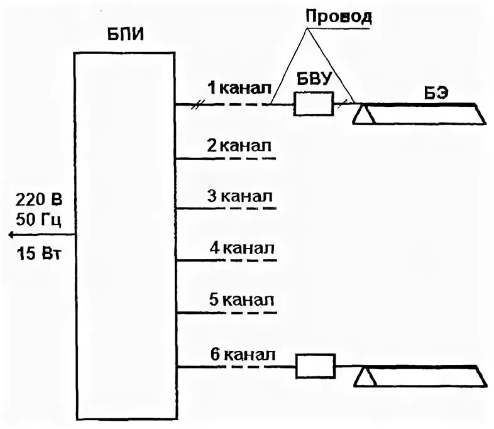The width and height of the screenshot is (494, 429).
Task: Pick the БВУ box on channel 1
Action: coord(314,104)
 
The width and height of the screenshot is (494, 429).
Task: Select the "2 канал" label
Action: coord(240,146)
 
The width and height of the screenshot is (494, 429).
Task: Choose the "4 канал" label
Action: coord(243,247)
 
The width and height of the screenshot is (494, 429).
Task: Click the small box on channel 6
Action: coord(315,366)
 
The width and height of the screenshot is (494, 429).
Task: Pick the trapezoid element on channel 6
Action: coord(420,377)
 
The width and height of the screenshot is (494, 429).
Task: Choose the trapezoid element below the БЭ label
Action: coord(419,114)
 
